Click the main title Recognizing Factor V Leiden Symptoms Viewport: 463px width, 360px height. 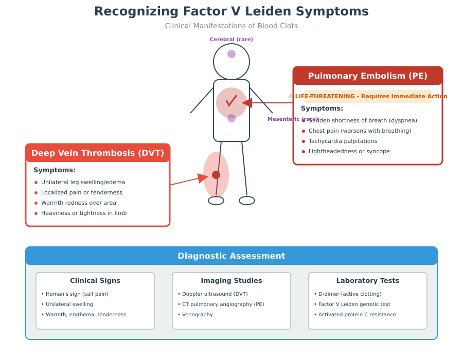(232, 11)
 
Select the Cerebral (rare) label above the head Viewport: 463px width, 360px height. (232, 39)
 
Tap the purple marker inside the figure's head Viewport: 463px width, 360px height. (232, 54)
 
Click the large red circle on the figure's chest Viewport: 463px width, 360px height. (231, 102)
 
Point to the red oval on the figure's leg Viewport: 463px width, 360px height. (216, 175)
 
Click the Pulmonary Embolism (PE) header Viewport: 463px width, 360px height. (367, 76)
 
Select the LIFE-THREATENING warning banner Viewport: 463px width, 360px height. (367, 96)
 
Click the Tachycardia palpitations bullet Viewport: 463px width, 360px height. (343, 141)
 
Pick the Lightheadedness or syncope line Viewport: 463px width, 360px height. (349, 151)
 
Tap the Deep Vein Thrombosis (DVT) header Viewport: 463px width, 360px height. (98, 153)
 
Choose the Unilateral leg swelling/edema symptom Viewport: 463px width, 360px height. (83, 182)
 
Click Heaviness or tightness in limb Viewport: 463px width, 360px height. (84, 213)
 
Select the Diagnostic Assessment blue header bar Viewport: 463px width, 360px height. (232, 256)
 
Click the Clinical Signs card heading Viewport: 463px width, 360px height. (95, 280)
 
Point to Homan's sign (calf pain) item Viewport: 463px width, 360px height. (77, 294)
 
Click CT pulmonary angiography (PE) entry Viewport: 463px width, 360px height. (223, 304)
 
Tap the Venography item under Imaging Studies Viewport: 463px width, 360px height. (197, 315)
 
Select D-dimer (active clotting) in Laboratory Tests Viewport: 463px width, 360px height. (350, 294)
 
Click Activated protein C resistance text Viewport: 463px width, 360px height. (357, 315)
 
